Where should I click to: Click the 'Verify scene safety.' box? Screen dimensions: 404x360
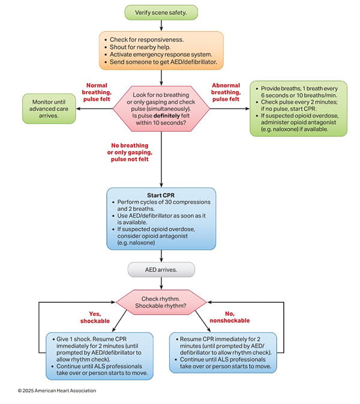pyautogui.click(x=161, y=11)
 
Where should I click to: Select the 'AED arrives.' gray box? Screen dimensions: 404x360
pyautogui.click(x=161, y=270)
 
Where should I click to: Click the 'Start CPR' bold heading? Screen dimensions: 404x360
pyautogui.click(x=160, y=195)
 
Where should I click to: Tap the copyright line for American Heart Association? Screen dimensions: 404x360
pyautogui.click(x=56, y=390)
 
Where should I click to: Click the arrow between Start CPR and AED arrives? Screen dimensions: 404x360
pyautogui.click(x=161, y=254)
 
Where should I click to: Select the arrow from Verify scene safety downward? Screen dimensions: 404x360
pyautogui.click(x=161, y=25)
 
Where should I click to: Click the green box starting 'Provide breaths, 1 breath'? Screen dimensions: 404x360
pyautogui.click(x=298, y=107)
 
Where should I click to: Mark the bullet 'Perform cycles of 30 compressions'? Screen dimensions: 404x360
pyautogui.click(x=160, y=207)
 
